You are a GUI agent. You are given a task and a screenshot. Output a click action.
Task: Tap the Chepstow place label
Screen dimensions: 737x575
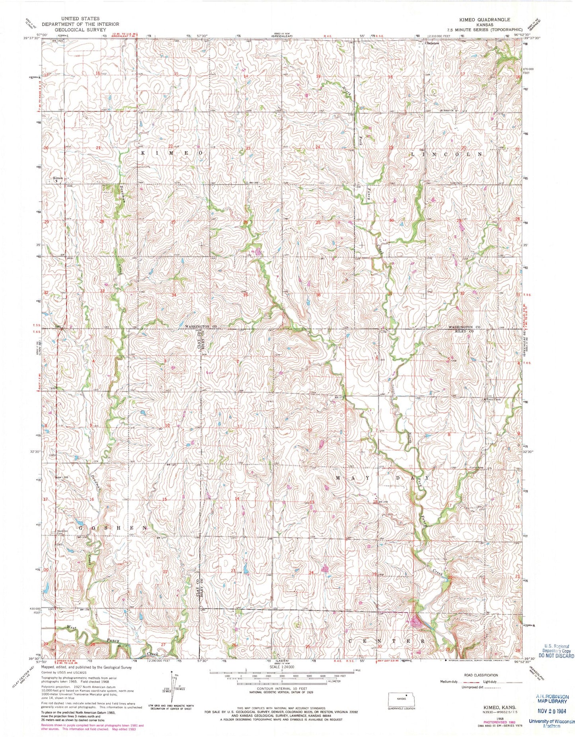(432, 43)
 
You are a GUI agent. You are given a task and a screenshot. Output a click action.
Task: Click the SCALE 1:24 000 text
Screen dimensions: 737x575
(282, 667)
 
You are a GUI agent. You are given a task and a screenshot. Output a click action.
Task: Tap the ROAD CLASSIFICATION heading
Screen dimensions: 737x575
(481, 675)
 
